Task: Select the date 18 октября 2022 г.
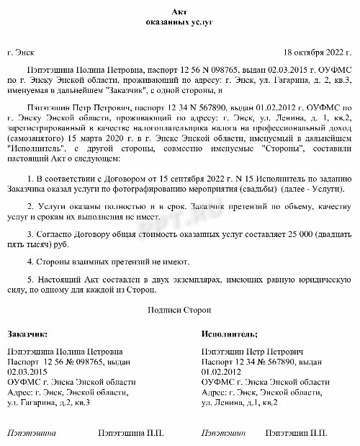[x=315, y=53]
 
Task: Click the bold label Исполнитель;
[x=230, y=334]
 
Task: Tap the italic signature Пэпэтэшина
[x=30, y=434]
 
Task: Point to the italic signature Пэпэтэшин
[x=224, y=434]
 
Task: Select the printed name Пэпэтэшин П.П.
[x=294, y=434]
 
